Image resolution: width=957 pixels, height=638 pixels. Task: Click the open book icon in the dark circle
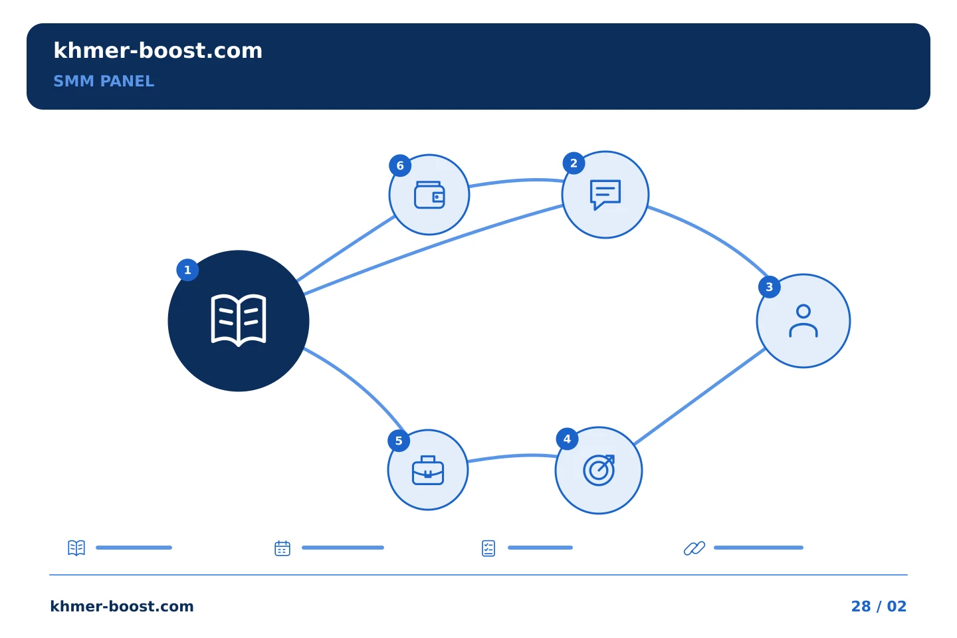pyautogui.click(x=239, y=320)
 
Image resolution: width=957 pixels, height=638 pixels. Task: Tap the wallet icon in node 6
pyautogui.click(x=429, y=195)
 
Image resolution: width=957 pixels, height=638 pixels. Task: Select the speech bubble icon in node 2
pyautogui.click(x=605, y=195)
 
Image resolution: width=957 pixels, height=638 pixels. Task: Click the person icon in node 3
pyautogui.click(x=803, y=321)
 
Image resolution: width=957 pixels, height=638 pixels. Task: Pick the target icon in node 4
pyautogui.click(x=599, y=470)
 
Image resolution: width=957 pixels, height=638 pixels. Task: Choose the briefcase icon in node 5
pyautogui.click(x=428, y=470)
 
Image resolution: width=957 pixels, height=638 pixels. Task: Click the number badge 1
pyautogui.click(x=187, y=270)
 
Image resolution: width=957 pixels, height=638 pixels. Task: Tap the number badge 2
pyautogui.click(x=574, y=163)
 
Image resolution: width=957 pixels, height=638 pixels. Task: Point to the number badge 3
pyautogui.click(x=770, y=287)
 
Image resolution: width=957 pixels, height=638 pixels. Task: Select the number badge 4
pyautogui.click(x=567, y=439)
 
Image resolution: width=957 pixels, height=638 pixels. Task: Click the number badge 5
pyautogui.click(x=399, y=441)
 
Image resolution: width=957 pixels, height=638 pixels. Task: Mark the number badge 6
pyautogui.click(x=400, y=165)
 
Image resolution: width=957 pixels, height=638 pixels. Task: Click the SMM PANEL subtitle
pyautogui.click(x=104, y=81)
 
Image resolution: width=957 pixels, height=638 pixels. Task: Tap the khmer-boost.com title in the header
pyautogui.click(x=158, y=51)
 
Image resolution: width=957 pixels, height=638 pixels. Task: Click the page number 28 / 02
pyautogui.click(x=879, y=606)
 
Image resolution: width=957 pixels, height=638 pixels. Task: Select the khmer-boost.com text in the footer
pyautogui.click(x=122, y=606)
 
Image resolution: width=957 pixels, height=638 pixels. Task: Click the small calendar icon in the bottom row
pyautogui.click(x=282, y=548)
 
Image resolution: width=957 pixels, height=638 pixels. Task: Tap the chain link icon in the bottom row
pyautogui.click(x=694, y=548)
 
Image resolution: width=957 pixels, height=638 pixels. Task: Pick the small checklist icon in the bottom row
pyautogui.click(x=488, y=548)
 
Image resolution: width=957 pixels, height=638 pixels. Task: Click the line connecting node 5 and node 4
pyautogui.click(x=512, y=457)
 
